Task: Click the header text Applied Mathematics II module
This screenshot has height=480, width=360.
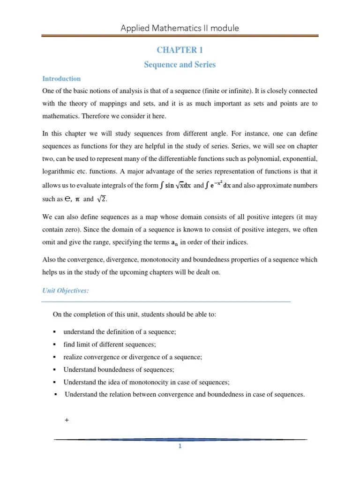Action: [180, 28]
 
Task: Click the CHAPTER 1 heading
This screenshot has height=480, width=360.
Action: [180, 50]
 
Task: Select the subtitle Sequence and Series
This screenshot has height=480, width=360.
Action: [180, 65]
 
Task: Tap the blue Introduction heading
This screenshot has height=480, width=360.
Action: [61, 79]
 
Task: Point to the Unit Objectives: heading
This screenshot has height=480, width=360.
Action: [65, 291]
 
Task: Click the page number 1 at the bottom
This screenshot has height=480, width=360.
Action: [180, 446]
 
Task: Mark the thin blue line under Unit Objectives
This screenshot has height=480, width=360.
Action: [166, 301]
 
